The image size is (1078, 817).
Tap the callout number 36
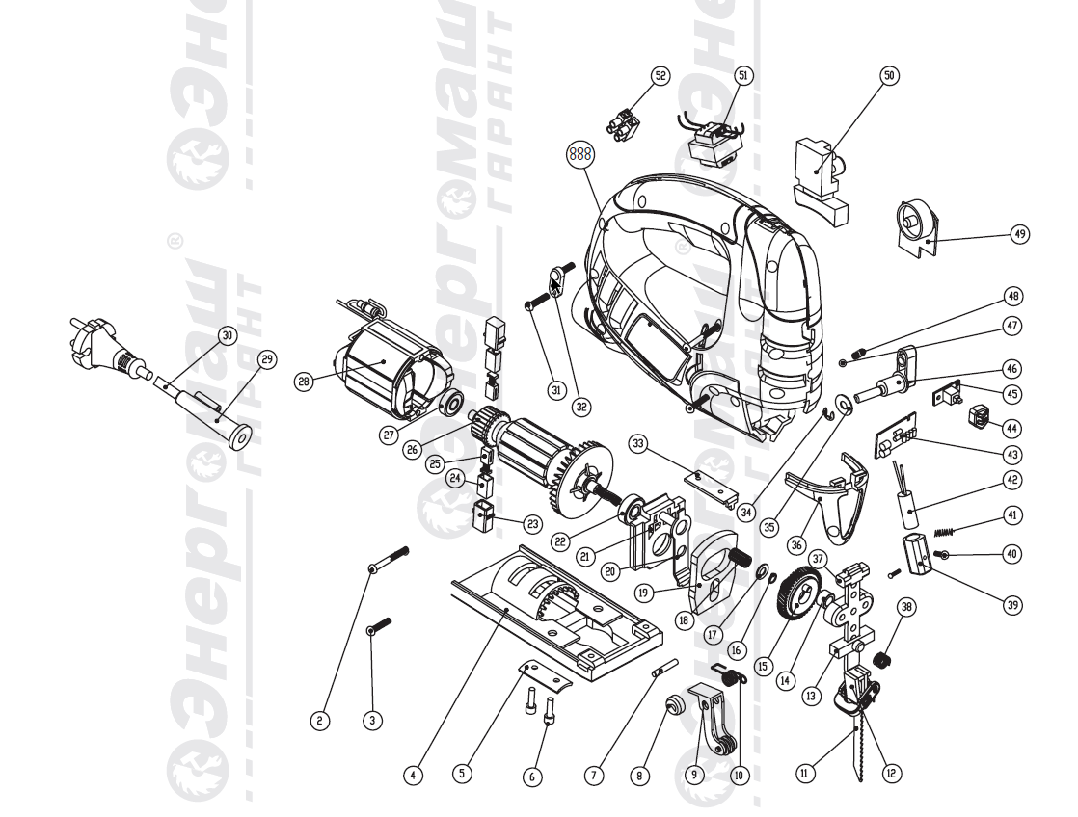(796, 544)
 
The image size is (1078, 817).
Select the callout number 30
(228, 335)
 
